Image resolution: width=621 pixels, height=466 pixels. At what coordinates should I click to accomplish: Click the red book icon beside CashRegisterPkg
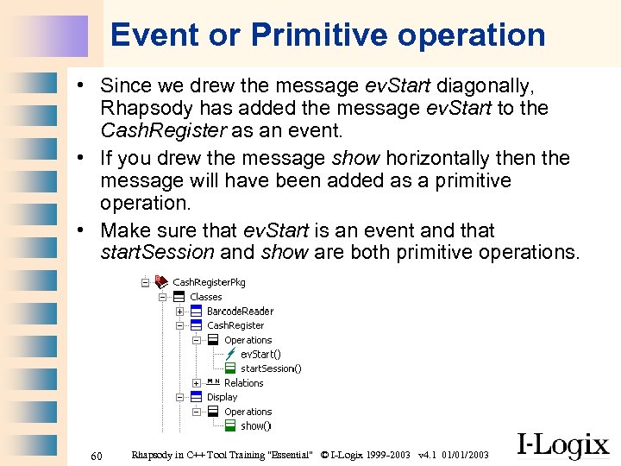click(160, 282)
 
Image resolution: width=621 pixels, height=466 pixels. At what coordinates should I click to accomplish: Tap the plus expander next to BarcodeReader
click(179, 312)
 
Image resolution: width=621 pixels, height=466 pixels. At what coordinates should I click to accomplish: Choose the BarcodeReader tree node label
click(240, 312)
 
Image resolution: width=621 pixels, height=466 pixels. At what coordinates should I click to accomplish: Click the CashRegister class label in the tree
click(235, 325)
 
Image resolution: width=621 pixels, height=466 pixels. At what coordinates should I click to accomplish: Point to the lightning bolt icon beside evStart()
click(230, 354)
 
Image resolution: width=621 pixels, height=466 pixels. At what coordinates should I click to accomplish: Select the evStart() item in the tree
click(260, 354)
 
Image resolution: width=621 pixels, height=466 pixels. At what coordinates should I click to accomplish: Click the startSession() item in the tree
click(271, 368)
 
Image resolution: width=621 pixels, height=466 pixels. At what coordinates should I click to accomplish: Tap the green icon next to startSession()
click(230, 368)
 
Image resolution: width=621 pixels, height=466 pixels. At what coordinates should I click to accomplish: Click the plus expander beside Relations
click(196, 383)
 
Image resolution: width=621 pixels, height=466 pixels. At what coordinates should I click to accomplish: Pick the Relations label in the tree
click(243, 383)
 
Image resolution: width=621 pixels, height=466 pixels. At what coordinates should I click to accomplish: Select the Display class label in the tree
click(222, 397)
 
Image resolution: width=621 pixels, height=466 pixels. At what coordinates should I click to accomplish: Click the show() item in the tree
click(255, 425)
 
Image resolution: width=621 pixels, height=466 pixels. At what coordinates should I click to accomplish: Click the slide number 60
click(97, 455)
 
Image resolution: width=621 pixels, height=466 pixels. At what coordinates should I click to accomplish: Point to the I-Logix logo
click(562, 444)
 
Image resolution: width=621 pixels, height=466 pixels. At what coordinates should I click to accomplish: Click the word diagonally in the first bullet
click(486, 85)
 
